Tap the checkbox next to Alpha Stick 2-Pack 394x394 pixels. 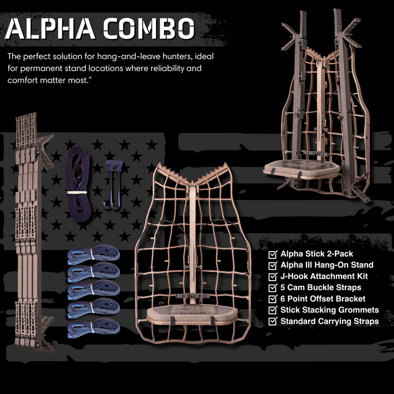tap(273, 254)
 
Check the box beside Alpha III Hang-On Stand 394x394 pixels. tap(273, 265)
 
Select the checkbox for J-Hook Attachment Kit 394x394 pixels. tap(273, 276)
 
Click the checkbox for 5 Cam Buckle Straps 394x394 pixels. tap(273, 287)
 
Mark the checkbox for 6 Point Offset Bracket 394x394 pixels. tap(273, 299)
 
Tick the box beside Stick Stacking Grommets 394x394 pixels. tap(273, 310)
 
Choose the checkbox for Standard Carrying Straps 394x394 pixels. tap(273, 321)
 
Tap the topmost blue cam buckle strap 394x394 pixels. tap(94, 254)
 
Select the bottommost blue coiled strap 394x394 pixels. tap(94, 328)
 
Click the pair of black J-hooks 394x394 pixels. tap(113, 183)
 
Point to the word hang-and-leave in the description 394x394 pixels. tap(120, 56)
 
